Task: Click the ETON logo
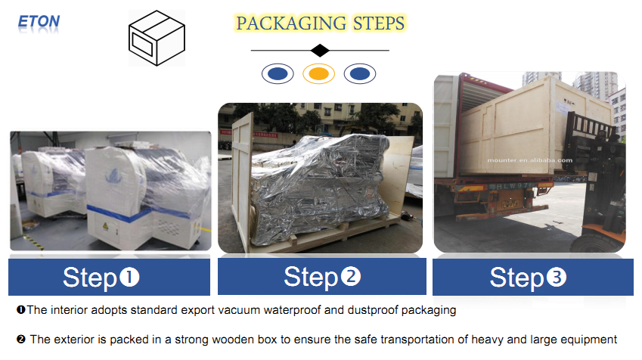click(39, 21)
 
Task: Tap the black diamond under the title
click(320, 51)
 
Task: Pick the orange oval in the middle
click(319, 73)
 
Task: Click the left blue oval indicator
click(278, 73)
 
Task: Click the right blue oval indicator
click(360, 73)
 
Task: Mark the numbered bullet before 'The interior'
click(20, 310)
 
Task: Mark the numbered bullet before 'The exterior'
click(21, 340)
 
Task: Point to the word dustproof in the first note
click(385, 310)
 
